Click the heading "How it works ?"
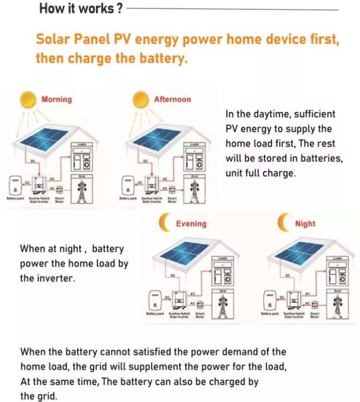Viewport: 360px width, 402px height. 80,8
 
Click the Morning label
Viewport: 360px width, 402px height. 57,100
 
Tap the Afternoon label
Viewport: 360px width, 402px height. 172,100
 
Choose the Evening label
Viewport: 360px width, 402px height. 191,224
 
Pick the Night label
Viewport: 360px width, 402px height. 305,224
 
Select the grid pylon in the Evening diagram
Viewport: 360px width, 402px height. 223,307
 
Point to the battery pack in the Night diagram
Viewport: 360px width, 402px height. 270,301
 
